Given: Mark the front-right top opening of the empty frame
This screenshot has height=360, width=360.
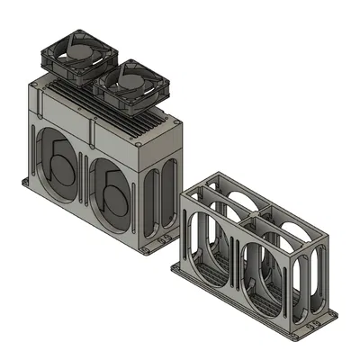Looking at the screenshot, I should (286, 230).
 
